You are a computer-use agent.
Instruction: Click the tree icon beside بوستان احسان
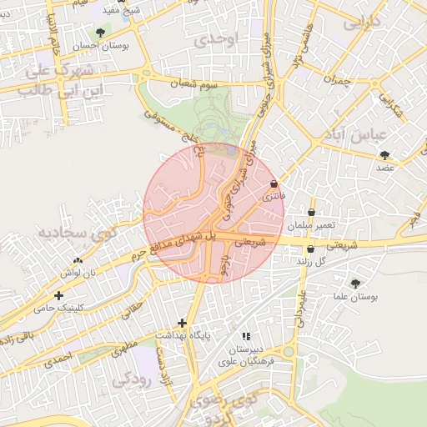pyautogui.click(x=101, y=33)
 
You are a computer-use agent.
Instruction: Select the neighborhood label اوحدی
pyautogui.click(x=220, y=39)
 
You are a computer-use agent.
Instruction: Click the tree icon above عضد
pyautogui.click(x=384, y=155)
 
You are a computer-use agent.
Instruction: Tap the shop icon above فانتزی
pyautogui.click(x=274, y=184)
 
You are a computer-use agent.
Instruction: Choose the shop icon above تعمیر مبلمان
pyautogui.click(x=312, y=213)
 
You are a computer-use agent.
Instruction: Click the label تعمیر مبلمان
pyautogui.click(x=312, y=226)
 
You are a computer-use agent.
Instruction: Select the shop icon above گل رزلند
pyautogui.click(x=311, y=249)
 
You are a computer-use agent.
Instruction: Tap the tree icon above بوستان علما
pyautogui.click(x=356, y=284)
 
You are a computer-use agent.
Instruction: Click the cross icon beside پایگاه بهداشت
pyautogui.click(x=182, y=323)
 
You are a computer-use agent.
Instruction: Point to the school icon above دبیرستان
pyautogui.click(x=245, y=335)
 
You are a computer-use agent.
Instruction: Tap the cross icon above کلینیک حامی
pyautogui.click(x=58, y=295)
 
